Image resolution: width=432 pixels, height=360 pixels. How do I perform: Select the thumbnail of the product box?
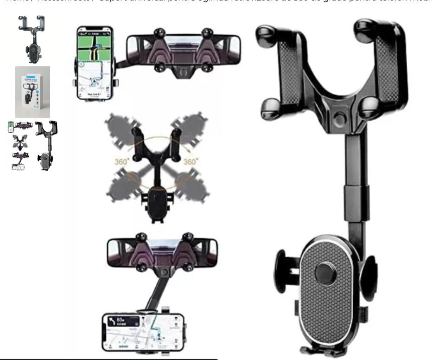point(32,92)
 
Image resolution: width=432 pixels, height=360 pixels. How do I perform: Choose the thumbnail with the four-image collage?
point(32,146)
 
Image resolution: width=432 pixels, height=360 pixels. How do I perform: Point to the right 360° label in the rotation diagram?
point(190,162)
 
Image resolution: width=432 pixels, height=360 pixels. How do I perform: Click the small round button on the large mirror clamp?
point(341,119)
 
